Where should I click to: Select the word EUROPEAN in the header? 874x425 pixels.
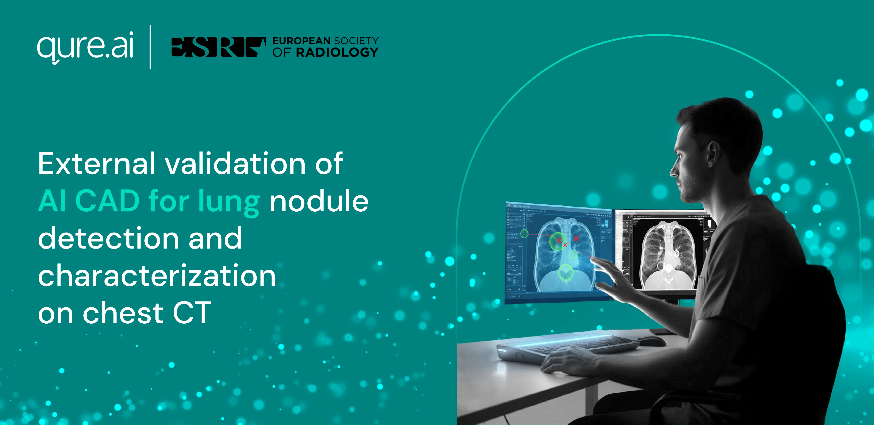tap(301, 41)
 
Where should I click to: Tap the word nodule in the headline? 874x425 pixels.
tap(319, 201)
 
